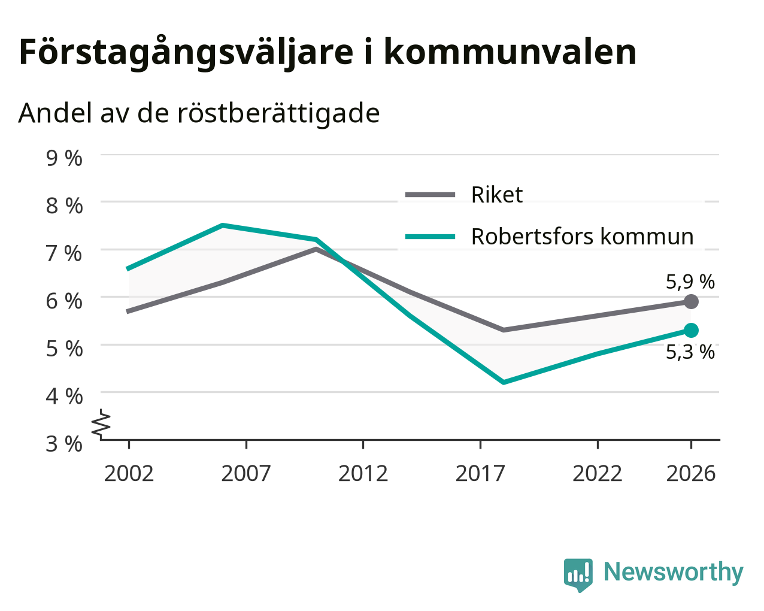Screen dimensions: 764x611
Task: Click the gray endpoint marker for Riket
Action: (x=691, y=301)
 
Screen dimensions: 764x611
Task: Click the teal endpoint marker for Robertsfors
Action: (x=691, y=331)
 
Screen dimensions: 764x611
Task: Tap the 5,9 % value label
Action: (x=690, y=282)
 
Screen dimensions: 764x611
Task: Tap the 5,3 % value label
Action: (x=690, y=352)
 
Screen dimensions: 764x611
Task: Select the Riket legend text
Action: (x=497, y=195)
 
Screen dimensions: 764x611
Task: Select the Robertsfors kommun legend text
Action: (x=582, y=237)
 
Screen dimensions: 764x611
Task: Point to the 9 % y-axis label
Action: (x=64, y=158)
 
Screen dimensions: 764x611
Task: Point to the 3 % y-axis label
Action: (x=64, y=444)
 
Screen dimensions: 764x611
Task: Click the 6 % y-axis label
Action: (x=64, y=301)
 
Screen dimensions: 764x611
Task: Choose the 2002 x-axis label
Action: (x=129, y=474)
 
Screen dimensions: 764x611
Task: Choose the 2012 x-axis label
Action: (x=363, y=474)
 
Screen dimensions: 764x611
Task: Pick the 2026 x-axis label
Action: (x=690, y=474)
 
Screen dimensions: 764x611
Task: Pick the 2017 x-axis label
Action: (x=480, y=474)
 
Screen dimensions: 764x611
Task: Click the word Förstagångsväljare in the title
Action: (x=186, y=53)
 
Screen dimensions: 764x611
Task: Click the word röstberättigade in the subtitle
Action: (x=278, y=114)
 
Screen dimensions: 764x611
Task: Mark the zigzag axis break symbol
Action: (x=101, y=423)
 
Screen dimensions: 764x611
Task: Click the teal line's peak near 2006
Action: (x=222, y=225)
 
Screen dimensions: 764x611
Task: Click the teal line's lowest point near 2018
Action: (x=504, y=382)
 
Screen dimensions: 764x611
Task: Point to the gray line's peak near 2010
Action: (x=316, y=249)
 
